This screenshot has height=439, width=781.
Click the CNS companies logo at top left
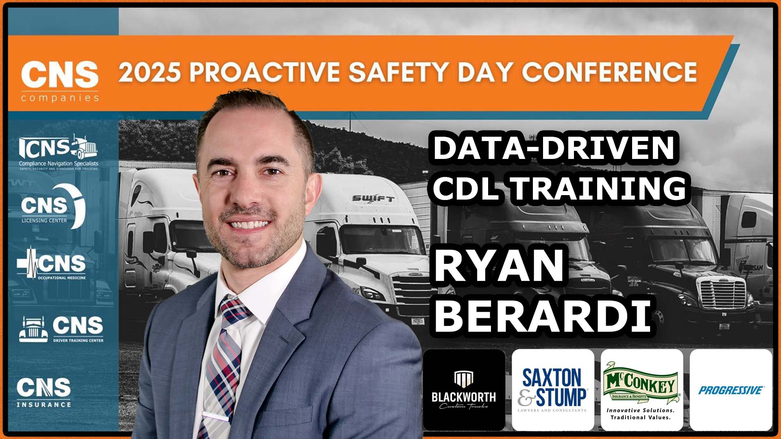pos(60,81)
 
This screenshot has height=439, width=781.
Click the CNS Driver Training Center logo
pos(61,328)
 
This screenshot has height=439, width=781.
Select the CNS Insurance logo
pos(44,392)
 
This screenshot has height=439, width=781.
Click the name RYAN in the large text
pos(500,267)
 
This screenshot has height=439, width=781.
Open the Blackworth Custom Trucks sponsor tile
pos(464,390)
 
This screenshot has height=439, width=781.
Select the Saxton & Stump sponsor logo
pos(553,390)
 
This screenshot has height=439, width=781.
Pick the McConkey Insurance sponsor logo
pos(641,390)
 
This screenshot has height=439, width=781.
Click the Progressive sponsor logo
pos(731,390)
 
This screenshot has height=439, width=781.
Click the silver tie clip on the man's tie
pos(216,416)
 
